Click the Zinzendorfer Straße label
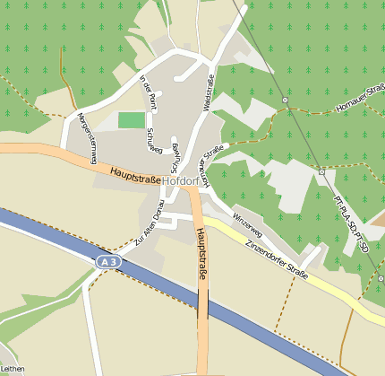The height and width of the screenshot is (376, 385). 277,258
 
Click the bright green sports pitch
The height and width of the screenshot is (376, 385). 132,119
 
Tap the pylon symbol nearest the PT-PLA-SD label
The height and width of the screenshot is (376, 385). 321,171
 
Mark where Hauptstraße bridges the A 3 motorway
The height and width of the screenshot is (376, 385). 203,302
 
